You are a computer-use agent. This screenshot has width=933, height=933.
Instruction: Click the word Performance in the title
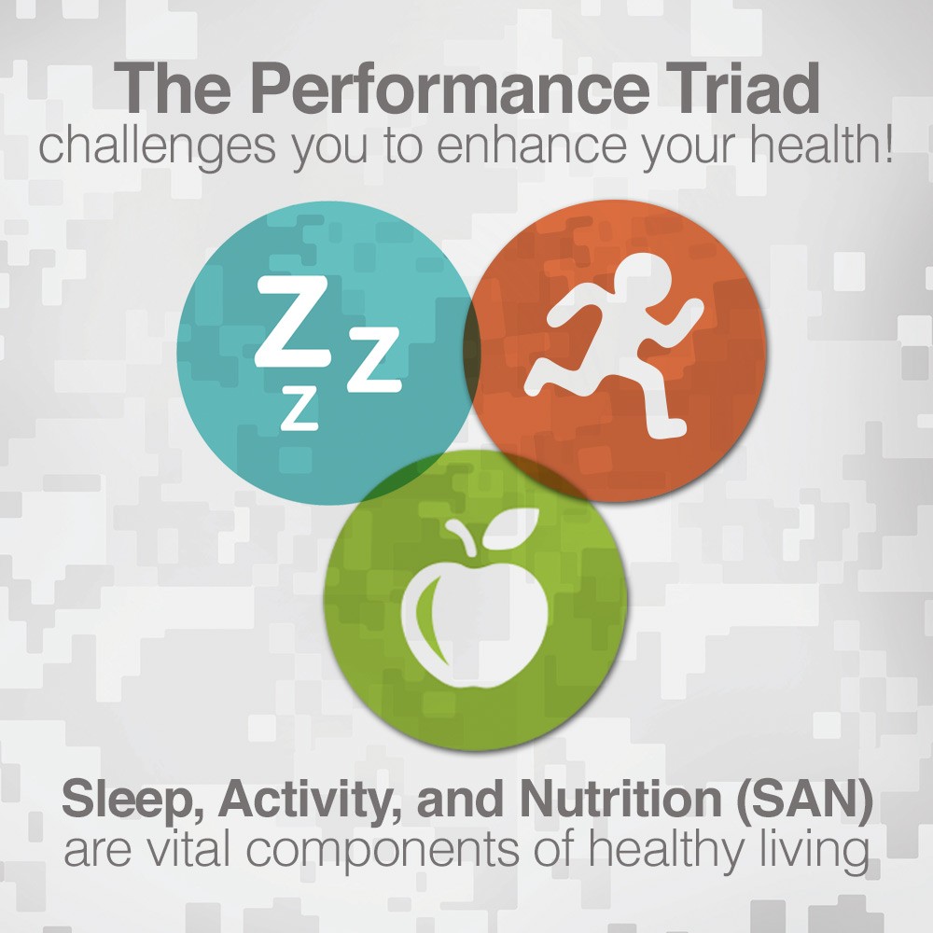tap(450, 89)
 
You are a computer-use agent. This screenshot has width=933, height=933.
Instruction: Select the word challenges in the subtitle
tap(158, 146)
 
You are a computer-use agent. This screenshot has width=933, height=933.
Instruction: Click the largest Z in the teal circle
tap(292, 321)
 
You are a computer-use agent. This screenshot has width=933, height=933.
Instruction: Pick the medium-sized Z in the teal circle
tap(374, 359)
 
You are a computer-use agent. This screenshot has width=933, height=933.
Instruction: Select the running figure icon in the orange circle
tap(614, 346)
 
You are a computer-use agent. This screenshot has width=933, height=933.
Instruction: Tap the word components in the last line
tap(383, 852)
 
